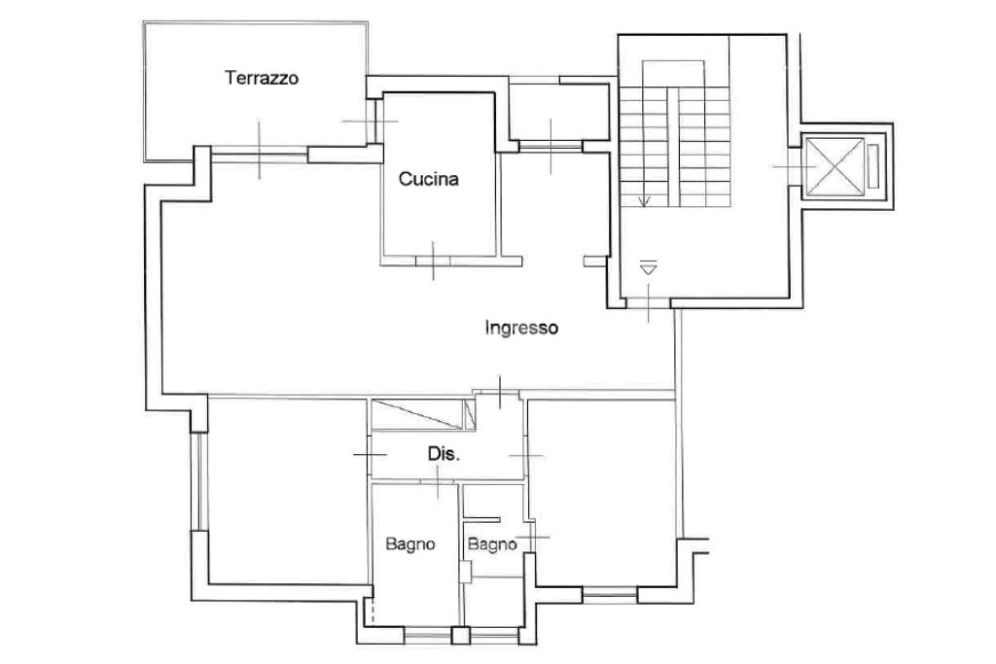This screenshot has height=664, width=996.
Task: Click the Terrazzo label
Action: coord(261,78)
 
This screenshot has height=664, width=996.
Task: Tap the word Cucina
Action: coord(428,179)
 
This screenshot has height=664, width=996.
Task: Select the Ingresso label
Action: coord(521,329)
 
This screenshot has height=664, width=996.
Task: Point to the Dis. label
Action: coord(444,454)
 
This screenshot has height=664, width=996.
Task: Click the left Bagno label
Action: coord(409,544)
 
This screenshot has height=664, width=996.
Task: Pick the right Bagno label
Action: coord(492,544)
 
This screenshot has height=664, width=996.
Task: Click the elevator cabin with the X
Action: coord(835,167)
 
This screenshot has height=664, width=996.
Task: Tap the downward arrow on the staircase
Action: coord(642,200)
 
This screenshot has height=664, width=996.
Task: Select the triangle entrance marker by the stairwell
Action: coord(649,266)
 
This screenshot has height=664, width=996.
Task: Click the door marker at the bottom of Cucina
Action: coord(433,260)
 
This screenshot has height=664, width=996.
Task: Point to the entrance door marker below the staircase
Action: coord(649,303)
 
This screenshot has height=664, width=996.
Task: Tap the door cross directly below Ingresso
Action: coord(498,392)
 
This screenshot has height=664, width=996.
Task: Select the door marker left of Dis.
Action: coord(370,454)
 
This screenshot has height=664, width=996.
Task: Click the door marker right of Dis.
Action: coord(525,455)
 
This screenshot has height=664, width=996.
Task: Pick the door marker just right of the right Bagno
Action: coord(532,537)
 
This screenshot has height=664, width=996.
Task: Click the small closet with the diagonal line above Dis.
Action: coord(420,414)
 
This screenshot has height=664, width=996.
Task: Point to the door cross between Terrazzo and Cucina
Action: coord(370,121)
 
